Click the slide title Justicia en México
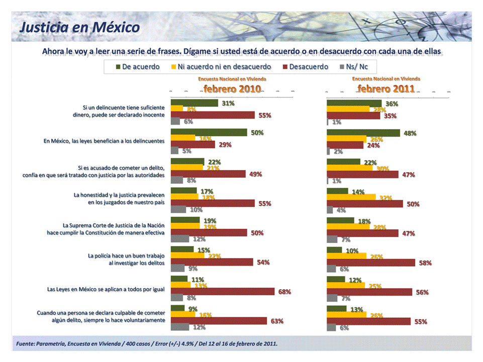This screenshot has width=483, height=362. pyautogui.click(x=79, y=27)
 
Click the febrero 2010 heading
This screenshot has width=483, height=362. pyautogui.click(x=232, y=89)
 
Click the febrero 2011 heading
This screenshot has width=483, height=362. pyautogui.click(x=386, y=89)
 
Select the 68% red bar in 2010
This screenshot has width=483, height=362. pyautogui.click(x=223, y=292)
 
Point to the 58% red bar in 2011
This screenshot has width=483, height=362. pyautogui.click(x=371, y=263)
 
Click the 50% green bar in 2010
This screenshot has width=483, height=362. pyautogui.click(x=209, y=133)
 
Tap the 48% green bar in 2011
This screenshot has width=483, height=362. pyautogui.click(x=363, y=133)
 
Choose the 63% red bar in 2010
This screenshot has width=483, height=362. pyautogui.click(x=219, y=321)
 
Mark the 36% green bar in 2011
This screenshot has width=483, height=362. pyautogui.click(x=354, y=103)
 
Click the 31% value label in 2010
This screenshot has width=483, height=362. pyautogui.click(x=229, y=103)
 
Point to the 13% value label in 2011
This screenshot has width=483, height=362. pyautogui.click(x=357, y=309)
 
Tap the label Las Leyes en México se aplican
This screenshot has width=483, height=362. pyautogui.click(x=106, y=289)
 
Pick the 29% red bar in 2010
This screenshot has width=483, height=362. pyautogui.click(x=193, y=145)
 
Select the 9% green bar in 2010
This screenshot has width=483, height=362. pyautogui.click(x=178, y=308)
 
